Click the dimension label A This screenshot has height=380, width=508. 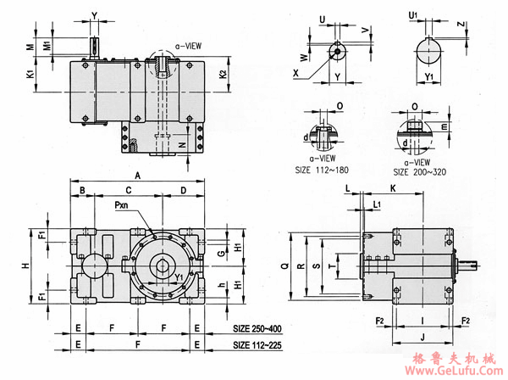click(138, 173)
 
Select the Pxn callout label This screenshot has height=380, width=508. click(125, 204)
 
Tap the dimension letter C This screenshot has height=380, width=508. click(128, 190)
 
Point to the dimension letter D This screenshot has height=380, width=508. click(184, 190)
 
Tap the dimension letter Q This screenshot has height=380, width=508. click(286, 265)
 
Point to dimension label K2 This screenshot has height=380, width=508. click(223, 75)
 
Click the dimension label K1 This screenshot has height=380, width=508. click(31, 75)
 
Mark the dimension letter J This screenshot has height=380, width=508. click(421, 337)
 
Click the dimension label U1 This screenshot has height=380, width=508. click(412, 14)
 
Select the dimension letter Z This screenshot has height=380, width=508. click(460, 25)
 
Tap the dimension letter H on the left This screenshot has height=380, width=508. click(25, 265)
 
